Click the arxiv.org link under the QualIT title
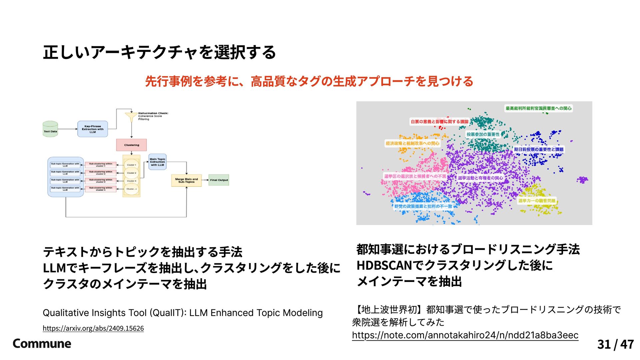click(93, 328)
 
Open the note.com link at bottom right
click(465, 335)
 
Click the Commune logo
click(42, 344)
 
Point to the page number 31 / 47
click(615, 344)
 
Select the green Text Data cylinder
click(50, 129)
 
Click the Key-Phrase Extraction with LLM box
click(92, 129)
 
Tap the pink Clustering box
click(131, 145)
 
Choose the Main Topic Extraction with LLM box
click(157, 162)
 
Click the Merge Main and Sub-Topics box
click(186, 180)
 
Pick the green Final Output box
click(219, 180)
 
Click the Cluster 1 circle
click(131, 165)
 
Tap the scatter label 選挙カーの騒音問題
click(537, 201)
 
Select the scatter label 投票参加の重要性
click(483, 134)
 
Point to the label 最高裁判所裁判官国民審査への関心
click(538, 108)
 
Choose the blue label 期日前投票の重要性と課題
click(538, 149)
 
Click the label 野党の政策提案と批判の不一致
click(423, 206)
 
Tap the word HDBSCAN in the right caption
click(384, 265)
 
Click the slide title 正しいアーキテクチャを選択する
click(159, 52)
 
